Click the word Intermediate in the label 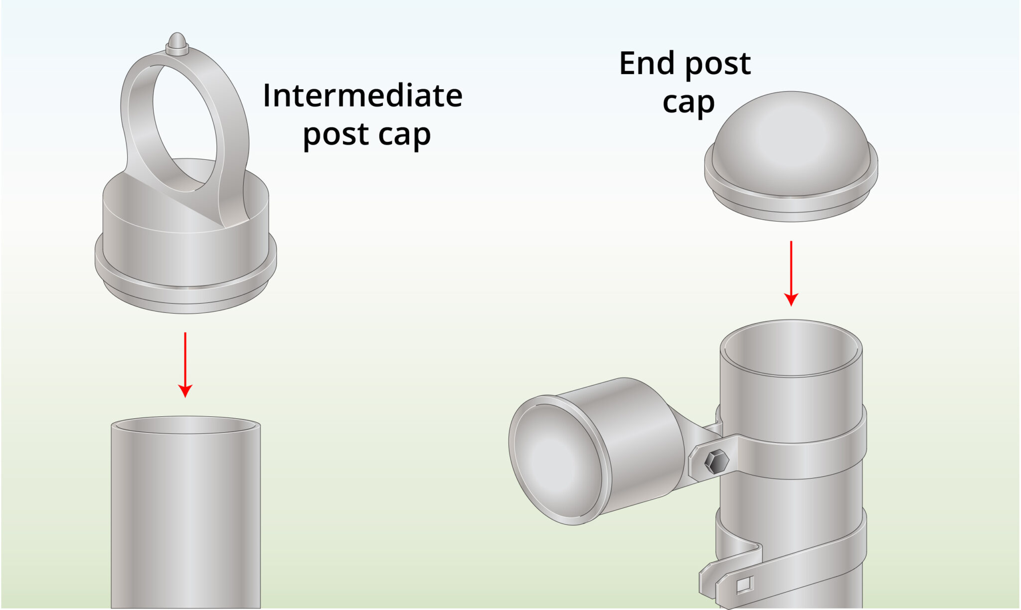pyautogui.click(x=362, y=96)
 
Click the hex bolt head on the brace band pyautogui.click(x=716, y=462)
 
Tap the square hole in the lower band pyautogui.click(x=743, y=585)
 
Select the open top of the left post pyautogui.click(x=185, y=425)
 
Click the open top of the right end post pyautogui.click(x=791, y=349)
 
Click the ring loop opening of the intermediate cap pyautogui.click(x=184, y=124)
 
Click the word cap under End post pyautogui.click(x=688, y=103)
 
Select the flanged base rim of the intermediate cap pyautogui.click(x=185, y=294)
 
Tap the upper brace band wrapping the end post pyautogui.click(x=798, y=456)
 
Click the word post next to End pyautogui.click(x=718, y=64)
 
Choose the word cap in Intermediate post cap pyautogui.click(x=404, y=134)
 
